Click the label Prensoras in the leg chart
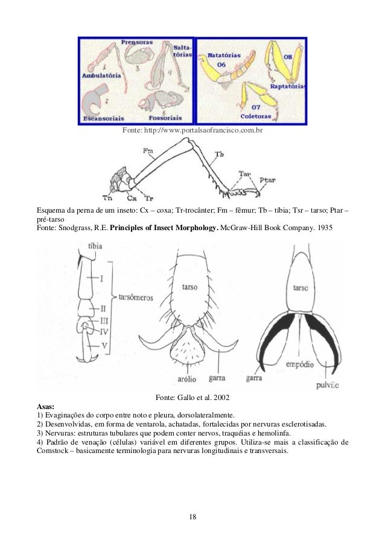click(x=136, y=44)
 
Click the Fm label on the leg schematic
click(x=148, y=151)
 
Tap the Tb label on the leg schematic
click(x=220, y=155)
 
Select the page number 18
click(x=192, y=517)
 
